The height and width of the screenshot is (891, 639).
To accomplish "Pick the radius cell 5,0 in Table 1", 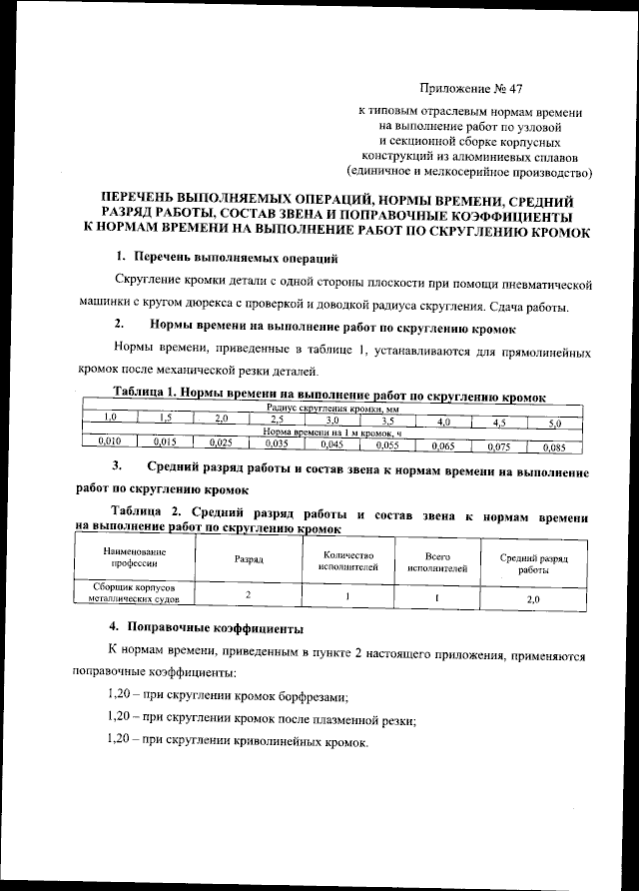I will (x=554, y=423).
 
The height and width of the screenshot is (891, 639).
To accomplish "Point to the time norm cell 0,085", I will (x=554, y=446).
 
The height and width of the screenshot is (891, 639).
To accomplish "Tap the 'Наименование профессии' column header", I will (x=133, y=558).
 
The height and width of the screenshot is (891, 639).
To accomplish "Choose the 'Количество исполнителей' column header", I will (x=346, y=560).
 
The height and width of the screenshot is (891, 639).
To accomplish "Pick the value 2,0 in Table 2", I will (x=532, y=599).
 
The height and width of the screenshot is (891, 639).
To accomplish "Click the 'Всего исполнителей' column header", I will (x=436, y=561).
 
